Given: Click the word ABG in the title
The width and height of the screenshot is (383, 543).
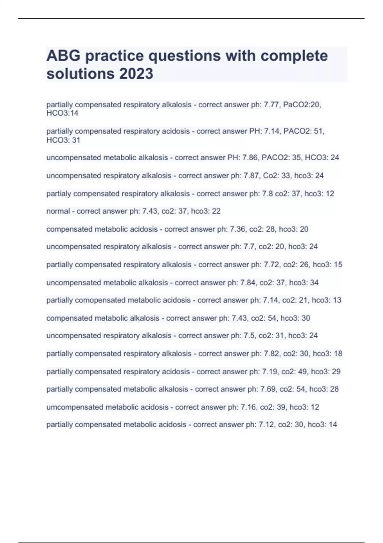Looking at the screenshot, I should pyautogui.click(x=63, y=56).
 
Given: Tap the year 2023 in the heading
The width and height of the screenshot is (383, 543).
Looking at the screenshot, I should pyautogui.click(x=136, y=74).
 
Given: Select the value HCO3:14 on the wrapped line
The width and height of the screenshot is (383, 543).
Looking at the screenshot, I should pyautogui.click(x=62, y=113).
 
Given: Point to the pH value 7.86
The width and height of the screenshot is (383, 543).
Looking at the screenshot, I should pyautogui.click(x=250, y=157).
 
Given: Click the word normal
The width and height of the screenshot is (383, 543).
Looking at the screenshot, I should pyautogui.click(x=58, y=211).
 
